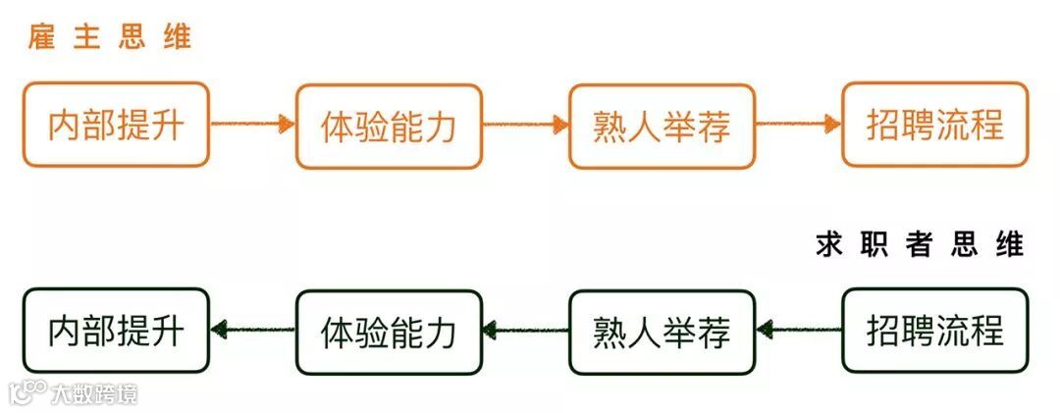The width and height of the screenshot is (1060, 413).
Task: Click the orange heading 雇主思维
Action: (109, 38)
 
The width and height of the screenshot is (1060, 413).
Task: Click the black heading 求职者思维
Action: (919, 244)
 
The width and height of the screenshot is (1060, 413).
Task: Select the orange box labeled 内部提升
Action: (116, 125)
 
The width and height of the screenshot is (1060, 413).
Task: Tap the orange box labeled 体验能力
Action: (389, 126)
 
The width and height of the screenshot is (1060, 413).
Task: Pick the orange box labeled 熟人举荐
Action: (662, 126)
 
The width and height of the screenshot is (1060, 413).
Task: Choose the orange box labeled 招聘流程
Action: (934, 125)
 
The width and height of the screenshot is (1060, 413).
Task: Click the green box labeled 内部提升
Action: (116, 331)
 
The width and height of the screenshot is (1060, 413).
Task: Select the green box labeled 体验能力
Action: (389, 332)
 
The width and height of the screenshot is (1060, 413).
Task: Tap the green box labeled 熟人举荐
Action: (662, 332)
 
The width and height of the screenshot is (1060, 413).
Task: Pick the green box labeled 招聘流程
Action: (934, 331)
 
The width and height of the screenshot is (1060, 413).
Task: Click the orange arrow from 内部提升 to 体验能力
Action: (252, 124)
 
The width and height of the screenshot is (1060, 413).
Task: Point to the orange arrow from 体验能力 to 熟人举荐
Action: (526, 124)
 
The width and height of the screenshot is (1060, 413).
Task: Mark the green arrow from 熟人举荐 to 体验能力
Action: (526, 331)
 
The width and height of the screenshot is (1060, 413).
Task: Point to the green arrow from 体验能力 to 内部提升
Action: (252, 331)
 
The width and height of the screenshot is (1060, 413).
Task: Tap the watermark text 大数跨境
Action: (94, 393)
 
